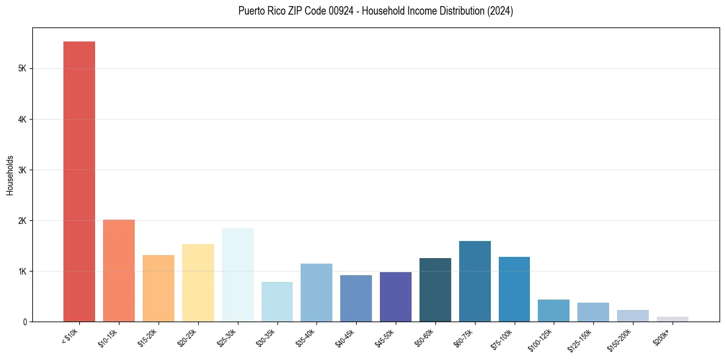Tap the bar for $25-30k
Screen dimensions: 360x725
(x=237, y=275)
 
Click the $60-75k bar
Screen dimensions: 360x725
(x=474, y=281)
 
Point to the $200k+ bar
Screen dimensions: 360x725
(x=672, y=319)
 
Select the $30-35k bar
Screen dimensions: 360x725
(x=277, y=301)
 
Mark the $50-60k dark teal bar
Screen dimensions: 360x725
(x=435, y=290)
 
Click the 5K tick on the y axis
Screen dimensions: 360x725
(x=21, y=69)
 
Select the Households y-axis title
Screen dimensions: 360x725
(x=10, y=175)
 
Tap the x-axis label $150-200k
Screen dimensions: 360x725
(x=620, y=339)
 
